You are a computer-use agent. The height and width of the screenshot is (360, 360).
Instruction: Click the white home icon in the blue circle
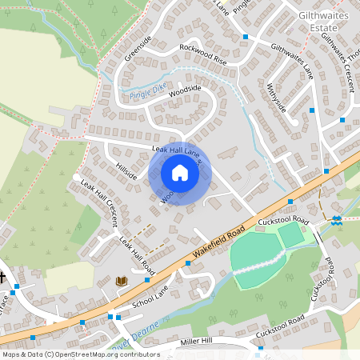[179, 172]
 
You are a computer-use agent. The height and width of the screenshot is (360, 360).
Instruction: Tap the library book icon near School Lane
[122, 281]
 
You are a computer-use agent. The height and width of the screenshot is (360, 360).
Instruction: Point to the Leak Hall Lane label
[174, 150]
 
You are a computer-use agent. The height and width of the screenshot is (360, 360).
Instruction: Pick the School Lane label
[152, 295]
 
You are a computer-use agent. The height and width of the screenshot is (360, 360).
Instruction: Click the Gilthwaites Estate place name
[327, 21]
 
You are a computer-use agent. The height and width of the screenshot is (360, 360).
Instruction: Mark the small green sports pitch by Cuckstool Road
[292, 235]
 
